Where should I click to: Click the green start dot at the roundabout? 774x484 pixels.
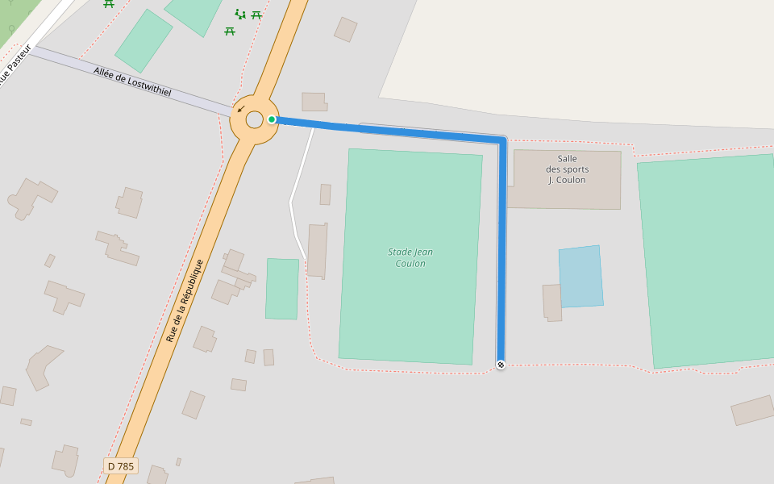click(x=272, y=119)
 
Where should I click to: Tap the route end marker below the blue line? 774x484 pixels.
click(x=501, y=365)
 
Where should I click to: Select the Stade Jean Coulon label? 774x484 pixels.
click(x=410, y=257)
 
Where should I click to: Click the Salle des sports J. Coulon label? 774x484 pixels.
click(x=567, y=169)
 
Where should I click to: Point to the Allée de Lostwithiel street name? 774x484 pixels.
click(x=132, y=81)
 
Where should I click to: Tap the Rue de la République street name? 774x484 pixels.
click(x=184, y=300)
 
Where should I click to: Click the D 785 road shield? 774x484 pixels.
click(x=121, y=466)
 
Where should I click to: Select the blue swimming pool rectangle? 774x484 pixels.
click(x=580, y=277)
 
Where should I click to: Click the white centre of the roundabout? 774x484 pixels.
click(x=254, y=120)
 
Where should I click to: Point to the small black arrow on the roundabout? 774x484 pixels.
click(x=240, y=109)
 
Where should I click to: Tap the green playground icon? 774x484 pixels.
click(x=239, y=14)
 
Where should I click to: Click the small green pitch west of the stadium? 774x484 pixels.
click(x=282, y=289)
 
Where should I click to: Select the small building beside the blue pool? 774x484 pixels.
click(x=552, y=302)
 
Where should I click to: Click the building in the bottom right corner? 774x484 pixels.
click(x=752, y=410)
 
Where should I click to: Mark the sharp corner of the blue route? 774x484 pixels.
click(x=501, y=142)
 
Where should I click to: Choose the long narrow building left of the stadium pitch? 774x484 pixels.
click(x=317, y=251)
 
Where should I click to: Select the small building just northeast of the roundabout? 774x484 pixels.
click(x=314, y=102)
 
